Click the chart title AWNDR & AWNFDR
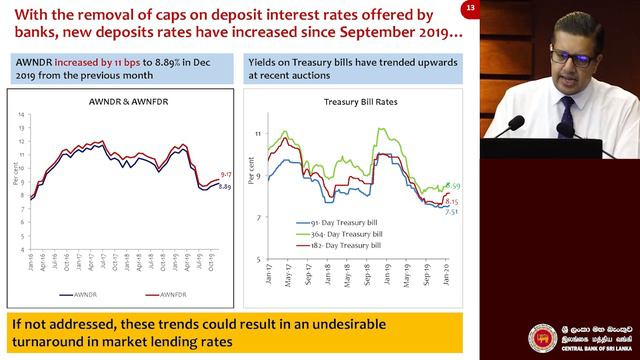click(x=124, y=103)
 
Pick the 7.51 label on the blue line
click(x=451, y=211)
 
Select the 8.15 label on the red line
click(x=451, y=201)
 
